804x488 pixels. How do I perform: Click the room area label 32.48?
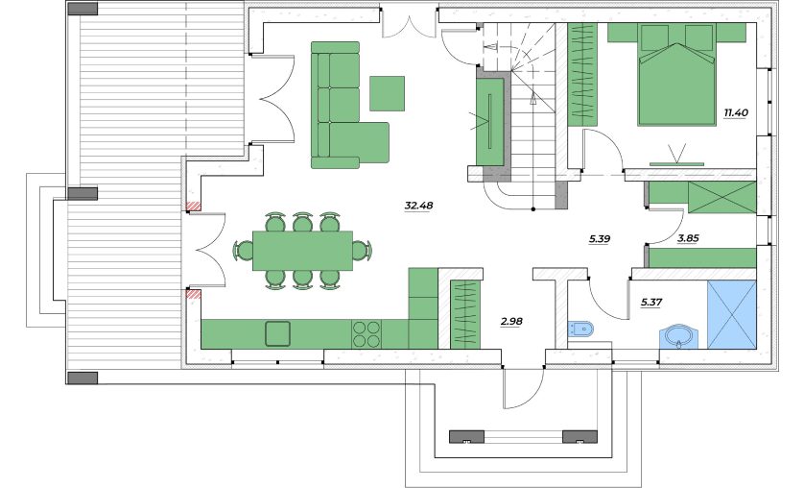[x=418, y=206]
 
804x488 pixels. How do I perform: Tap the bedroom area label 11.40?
[x=736, y=113]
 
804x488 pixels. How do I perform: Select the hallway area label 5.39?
[x=600, y=238]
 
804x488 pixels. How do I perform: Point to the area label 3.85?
[x=688, y=238]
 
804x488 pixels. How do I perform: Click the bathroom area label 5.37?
[x=651, y=303]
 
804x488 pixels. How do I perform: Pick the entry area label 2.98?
[x=511, y=322]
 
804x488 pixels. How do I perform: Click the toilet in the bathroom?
[x=581, y=329]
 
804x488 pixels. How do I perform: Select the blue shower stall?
[x=731, y=314]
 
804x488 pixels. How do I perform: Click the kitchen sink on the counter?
[x=277, y=333]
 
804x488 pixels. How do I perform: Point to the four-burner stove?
[x=367, y=334]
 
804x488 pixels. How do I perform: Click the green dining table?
[x=302, y=251]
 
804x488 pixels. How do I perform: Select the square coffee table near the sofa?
[x=388, y=93]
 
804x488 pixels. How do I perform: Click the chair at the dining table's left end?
[x=244, y=251]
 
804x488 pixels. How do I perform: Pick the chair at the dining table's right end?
[x=362, y=251]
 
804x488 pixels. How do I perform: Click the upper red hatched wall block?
[x=193, y=207]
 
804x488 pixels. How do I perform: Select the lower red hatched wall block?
[x=193, y=294]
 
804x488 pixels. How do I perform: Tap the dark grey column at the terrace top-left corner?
[x=83, y=9]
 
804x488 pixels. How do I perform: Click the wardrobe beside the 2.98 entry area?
[x=465, y=314]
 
